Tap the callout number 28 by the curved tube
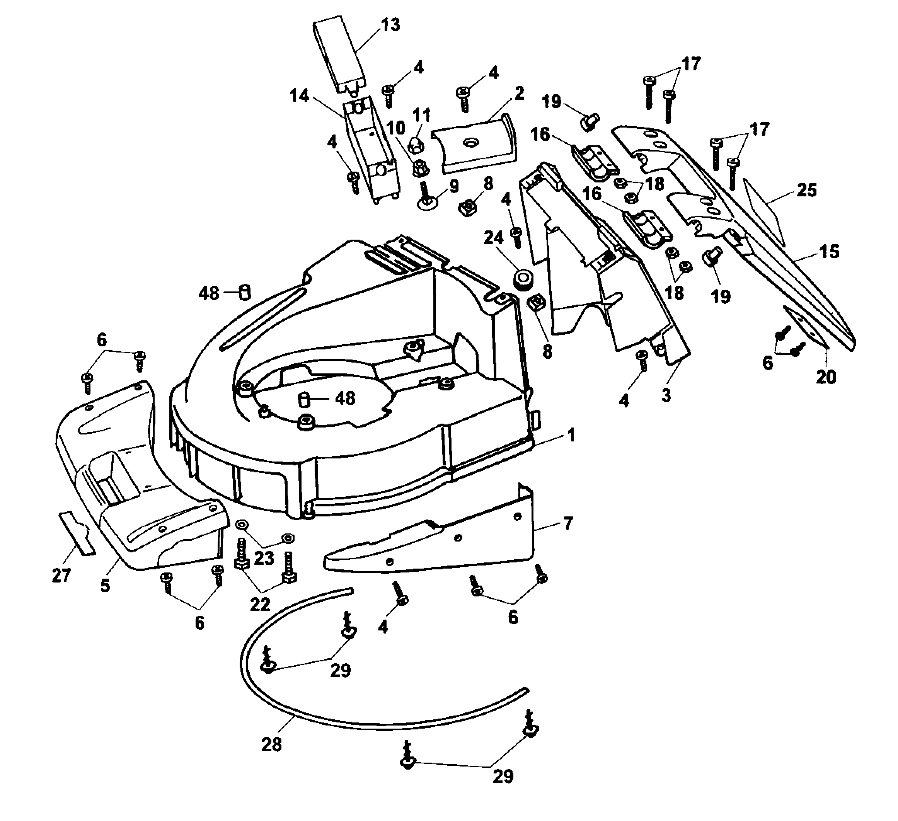[271, 744]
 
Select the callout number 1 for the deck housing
[571, 435]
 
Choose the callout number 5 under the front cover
[105, 585]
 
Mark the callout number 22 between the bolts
[260, 605]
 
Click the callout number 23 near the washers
[264, 558]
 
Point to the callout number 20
[825, 377]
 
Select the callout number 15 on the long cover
[828, 251]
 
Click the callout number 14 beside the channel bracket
[299, 95]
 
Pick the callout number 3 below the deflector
[666, 395]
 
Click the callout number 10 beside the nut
[395, 128]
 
